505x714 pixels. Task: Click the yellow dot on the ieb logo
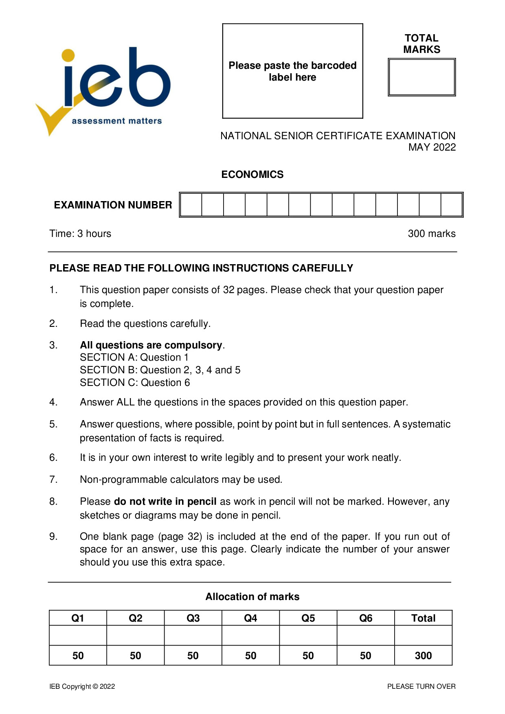68,56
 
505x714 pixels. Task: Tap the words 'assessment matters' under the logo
116,121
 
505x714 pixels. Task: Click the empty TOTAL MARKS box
422,77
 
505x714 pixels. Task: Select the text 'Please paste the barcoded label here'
292,71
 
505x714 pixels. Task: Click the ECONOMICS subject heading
252,175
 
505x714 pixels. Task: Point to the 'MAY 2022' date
432,147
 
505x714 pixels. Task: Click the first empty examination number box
191,205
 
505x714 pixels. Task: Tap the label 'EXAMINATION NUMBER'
113,205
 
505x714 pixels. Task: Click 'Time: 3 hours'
80,234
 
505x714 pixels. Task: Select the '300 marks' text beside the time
431,234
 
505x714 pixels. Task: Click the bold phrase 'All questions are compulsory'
151,345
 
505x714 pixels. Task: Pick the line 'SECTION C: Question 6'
135,383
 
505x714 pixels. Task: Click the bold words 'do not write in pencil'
165,502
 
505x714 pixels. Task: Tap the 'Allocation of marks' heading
252,597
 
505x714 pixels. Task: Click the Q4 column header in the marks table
250,618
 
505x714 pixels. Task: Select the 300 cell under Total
423,656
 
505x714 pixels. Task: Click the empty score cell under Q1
78,635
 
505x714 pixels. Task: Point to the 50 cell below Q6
365,656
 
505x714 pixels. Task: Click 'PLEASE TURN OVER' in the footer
421,686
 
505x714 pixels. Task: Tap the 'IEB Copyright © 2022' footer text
82,686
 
